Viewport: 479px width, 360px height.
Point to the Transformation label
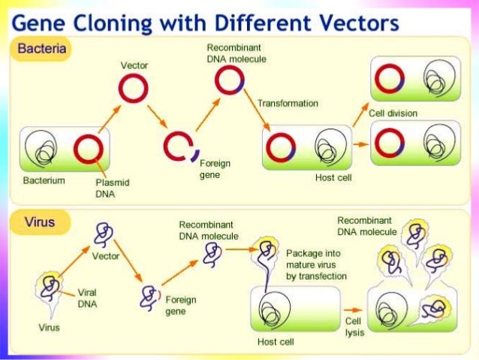coord(288,103)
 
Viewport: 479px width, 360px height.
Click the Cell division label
coord(393,113)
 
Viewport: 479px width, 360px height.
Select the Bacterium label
coord(44,180)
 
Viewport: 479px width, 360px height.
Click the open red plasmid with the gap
coord(177,147)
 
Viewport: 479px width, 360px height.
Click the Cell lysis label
coord(354,326)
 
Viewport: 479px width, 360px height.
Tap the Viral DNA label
coord(88,298)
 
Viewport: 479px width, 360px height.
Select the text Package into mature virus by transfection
coord(316,265)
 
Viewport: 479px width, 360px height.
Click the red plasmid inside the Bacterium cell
coord(88,147)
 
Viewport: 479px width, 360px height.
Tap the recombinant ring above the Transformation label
coord(229,80)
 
